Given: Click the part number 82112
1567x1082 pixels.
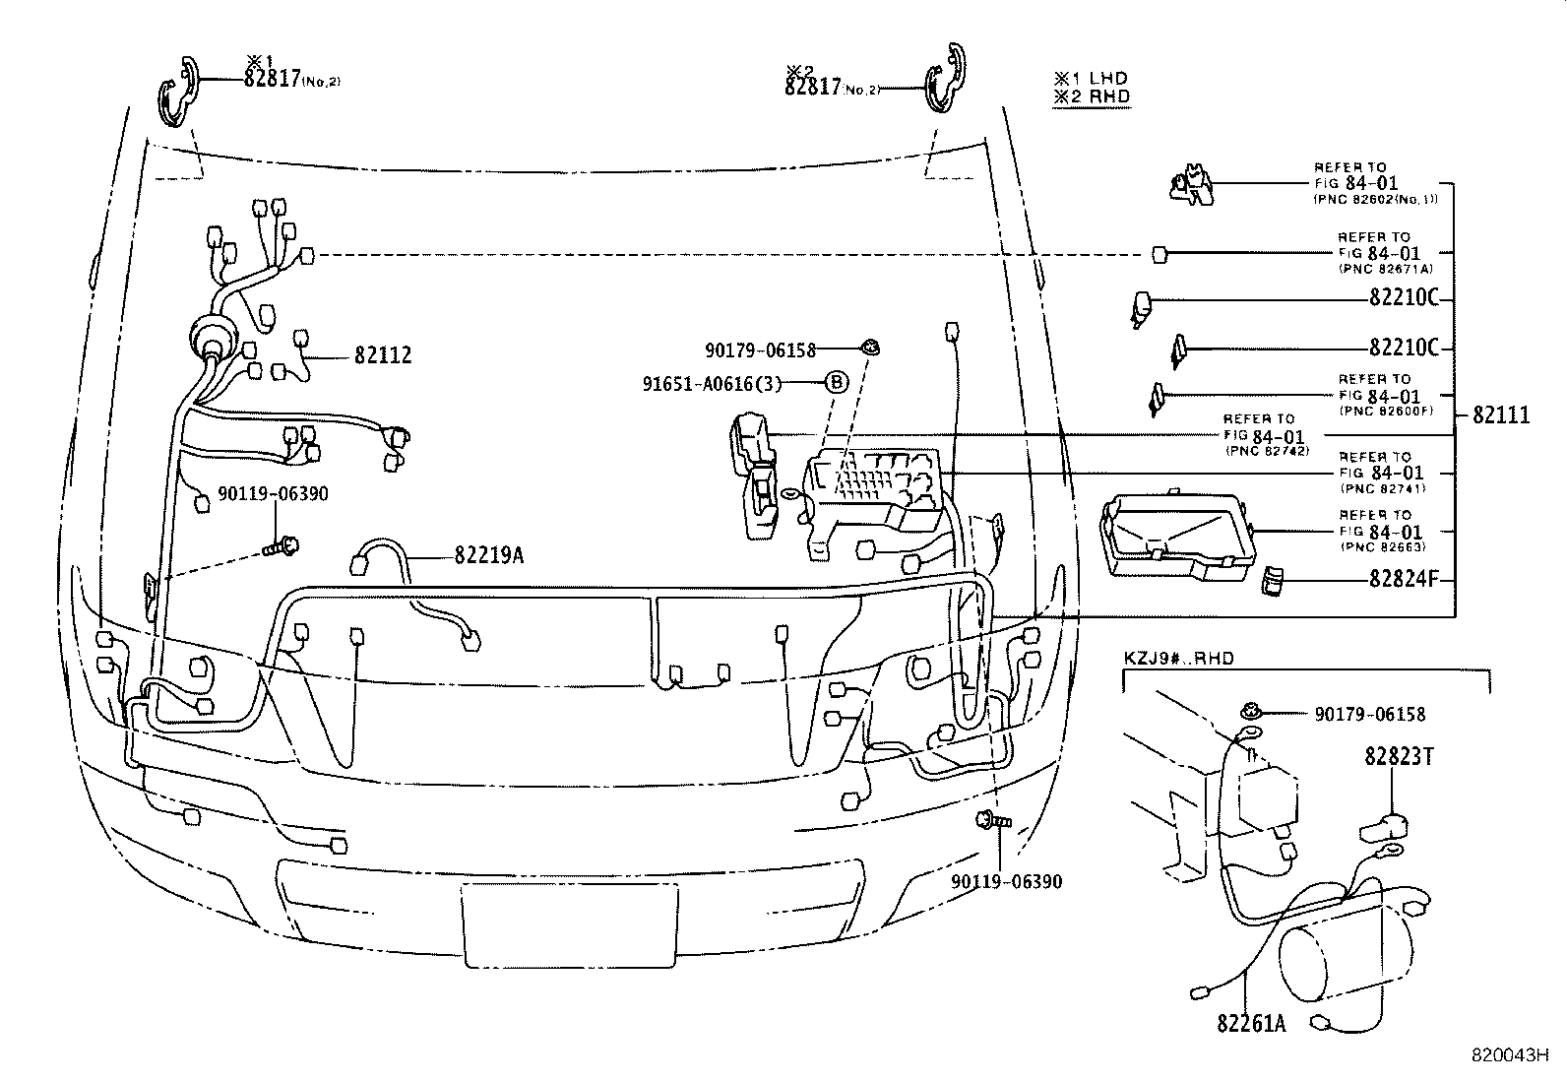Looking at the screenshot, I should [x=383, y=355].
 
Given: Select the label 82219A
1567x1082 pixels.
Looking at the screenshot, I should [x=488, y=556].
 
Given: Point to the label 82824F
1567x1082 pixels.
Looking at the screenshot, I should [x=1404, y=580].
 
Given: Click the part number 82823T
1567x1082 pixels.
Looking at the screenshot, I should [x=1398, y=756].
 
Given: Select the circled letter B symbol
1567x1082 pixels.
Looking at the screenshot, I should [x=835, y=383].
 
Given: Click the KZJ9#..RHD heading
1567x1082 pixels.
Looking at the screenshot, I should [x=1178, y=659].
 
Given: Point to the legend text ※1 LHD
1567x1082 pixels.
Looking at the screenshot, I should [x=1091, y=78].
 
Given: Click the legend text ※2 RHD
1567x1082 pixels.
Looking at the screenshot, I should [x=1091, y=96].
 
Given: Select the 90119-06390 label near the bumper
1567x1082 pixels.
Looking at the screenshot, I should [x=1006, y=882].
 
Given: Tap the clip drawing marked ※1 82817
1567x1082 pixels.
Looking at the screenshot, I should [x=178, y=92].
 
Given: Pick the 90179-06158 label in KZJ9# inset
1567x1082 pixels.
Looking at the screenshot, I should [x=1369, y=715].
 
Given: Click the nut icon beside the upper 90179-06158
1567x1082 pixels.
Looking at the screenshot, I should [x=871, y=347].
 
